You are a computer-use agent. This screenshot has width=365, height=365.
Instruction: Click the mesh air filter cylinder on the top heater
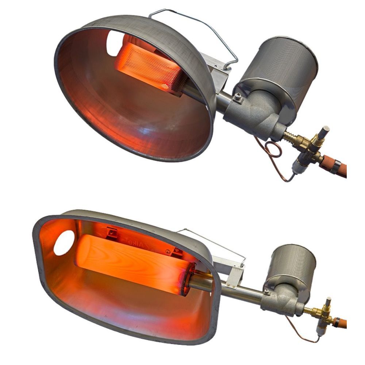tap(281, 66)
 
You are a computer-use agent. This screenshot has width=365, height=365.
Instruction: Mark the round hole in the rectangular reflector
tap(64, 243)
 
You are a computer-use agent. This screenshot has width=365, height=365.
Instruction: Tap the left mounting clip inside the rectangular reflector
tap(112, 231)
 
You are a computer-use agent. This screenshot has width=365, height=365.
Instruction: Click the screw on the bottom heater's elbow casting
tap(268, 292)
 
